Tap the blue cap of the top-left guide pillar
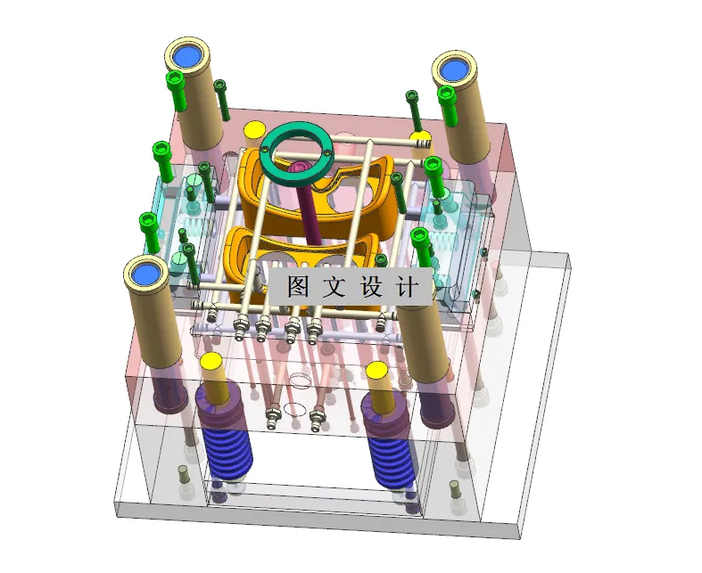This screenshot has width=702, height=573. pyautogui.click(x=187, y=56)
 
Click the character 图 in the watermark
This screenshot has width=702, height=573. pyautogui.click(x=298, y=287)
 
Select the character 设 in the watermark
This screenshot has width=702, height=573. pyautogui.click(x=369, y=287)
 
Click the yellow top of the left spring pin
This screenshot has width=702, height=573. pyautogui.click(x=211, y=362)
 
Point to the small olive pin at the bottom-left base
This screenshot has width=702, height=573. pyautogui.click(x=184, y=471)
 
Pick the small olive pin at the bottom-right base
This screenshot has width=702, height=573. pyautogui.click(x=453, y=487)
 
